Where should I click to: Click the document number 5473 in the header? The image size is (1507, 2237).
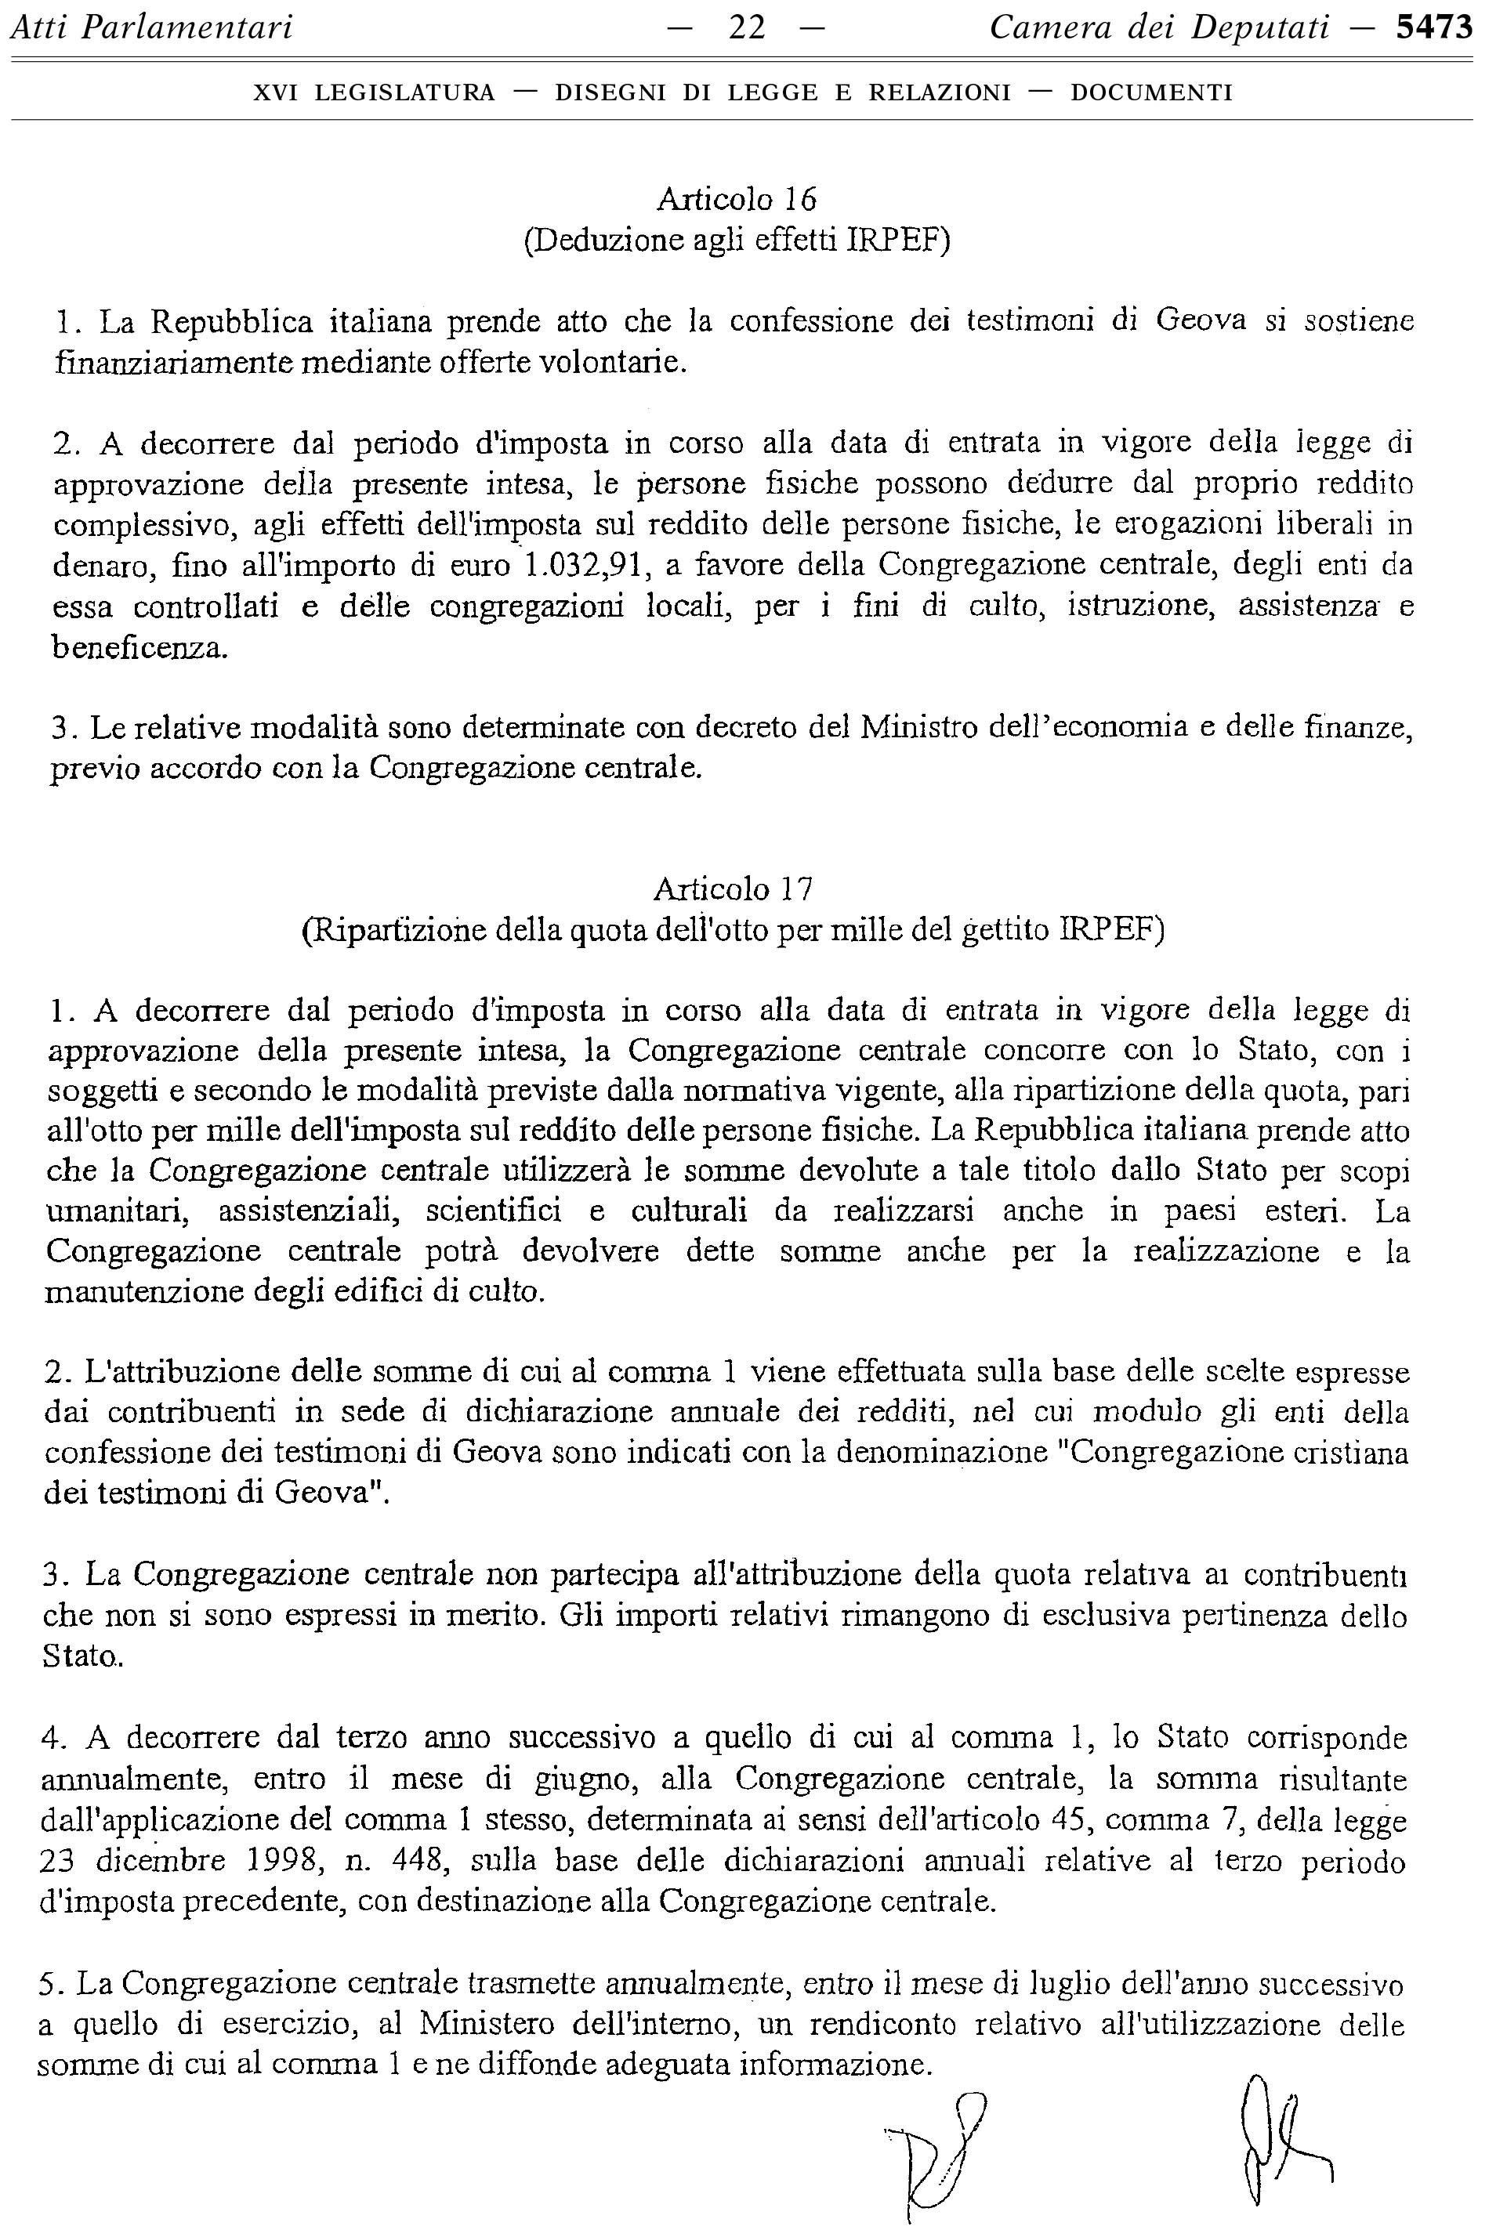pyautogui.click(x=1434, y=29)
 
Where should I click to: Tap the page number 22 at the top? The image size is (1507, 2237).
pyautogui.click(x=747, y=29)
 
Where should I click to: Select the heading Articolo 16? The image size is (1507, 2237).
pyautogui.click(x=736, y=199)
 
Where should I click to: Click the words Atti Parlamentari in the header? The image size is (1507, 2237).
pyautogui.click(x=151, y=29)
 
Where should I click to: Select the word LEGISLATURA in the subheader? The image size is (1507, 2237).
pyautogui.click(x=404, y=93)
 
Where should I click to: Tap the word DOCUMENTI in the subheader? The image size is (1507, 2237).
pyautogui.click(x=1151, y=93)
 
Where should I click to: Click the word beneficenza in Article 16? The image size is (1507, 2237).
pyautogui.click(x=140, y=649)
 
